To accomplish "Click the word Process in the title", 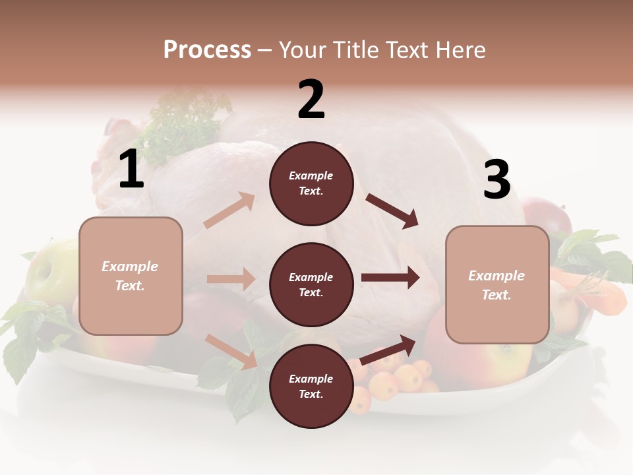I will (x=207, y=49).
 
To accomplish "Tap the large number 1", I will (x=131, y=170).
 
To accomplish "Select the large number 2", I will (x=311, y=100).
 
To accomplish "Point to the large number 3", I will (x=497, y=180).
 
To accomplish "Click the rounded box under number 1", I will (x=131, y=276).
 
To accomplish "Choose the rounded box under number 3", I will (x=497, y=285).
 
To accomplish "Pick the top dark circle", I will (x=311, y=183).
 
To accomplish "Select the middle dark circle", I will (x=311, y=284).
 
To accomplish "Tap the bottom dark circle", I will (x=311, y=386).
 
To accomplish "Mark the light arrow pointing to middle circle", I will (x=231, y=279).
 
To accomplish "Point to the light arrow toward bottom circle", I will (x=231, y=350).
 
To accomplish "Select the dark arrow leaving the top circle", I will (x=392, y=210).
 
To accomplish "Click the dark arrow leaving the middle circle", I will (x=390, y=278).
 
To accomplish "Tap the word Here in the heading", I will (x=461, y=49).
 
